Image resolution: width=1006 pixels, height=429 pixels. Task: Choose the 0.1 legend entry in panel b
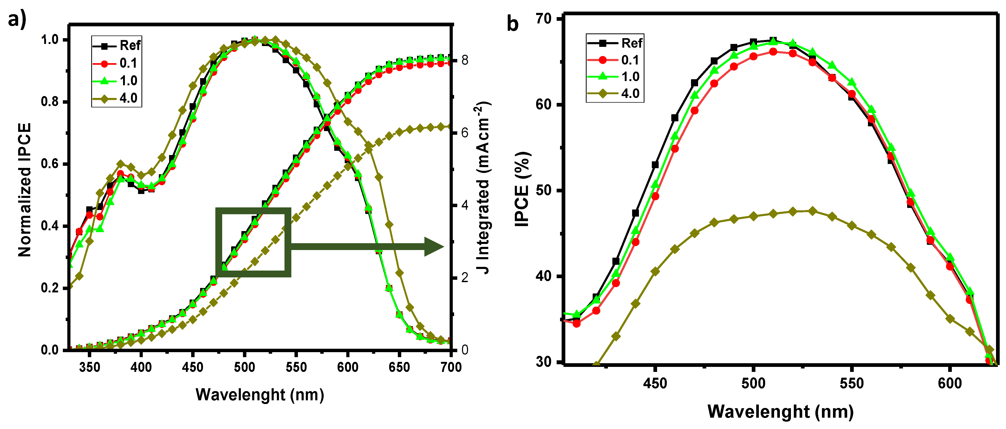(x=615, y=60)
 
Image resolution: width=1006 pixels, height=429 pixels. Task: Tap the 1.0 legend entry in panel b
(x=615, y=76)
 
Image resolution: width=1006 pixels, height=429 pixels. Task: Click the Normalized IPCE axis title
(x=24, y=190)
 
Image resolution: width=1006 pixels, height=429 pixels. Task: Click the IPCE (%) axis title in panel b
(x=522, y=189)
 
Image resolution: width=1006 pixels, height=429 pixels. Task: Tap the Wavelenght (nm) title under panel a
(x=260, y=395)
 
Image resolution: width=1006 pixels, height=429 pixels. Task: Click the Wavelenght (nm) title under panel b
(x=780, y=411)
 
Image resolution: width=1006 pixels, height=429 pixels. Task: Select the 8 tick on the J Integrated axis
(x=465, y=60)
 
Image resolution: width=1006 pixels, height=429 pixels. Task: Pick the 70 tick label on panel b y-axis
(x=543, y=18)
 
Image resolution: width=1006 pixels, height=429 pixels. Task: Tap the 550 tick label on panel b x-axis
(x=852, y=383)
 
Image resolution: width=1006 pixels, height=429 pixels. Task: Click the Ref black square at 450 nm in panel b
(x=655, y=165)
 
